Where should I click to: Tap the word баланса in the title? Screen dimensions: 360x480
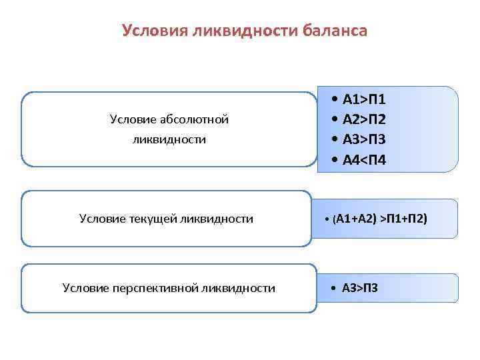point(334,31)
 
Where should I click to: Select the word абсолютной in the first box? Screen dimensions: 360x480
point(198,119)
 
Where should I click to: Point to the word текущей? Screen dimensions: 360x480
point(152,218)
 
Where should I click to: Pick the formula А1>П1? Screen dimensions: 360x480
point(364,100)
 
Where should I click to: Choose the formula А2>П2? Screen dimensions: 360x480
point(364,120)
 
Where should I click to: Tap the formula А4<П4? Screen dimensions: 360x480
point(364,160)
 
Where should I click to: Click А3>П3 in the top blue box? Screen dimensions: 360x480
point(364,140)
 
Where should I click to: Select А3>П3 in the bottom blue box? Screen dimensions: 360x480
point(360,288)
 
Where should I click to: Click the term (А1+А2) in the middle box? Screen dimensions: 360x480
point(354,218)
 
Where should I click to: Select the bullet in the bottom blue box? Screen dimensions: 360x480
point(333,289)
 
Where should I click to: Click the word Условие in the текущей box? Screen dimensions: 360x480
point(101,218)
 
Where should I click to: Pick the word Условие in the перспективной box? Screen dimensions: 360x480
point(85,288)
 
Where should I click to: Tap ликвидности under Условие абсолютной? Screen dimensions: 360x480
point(169,140)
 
